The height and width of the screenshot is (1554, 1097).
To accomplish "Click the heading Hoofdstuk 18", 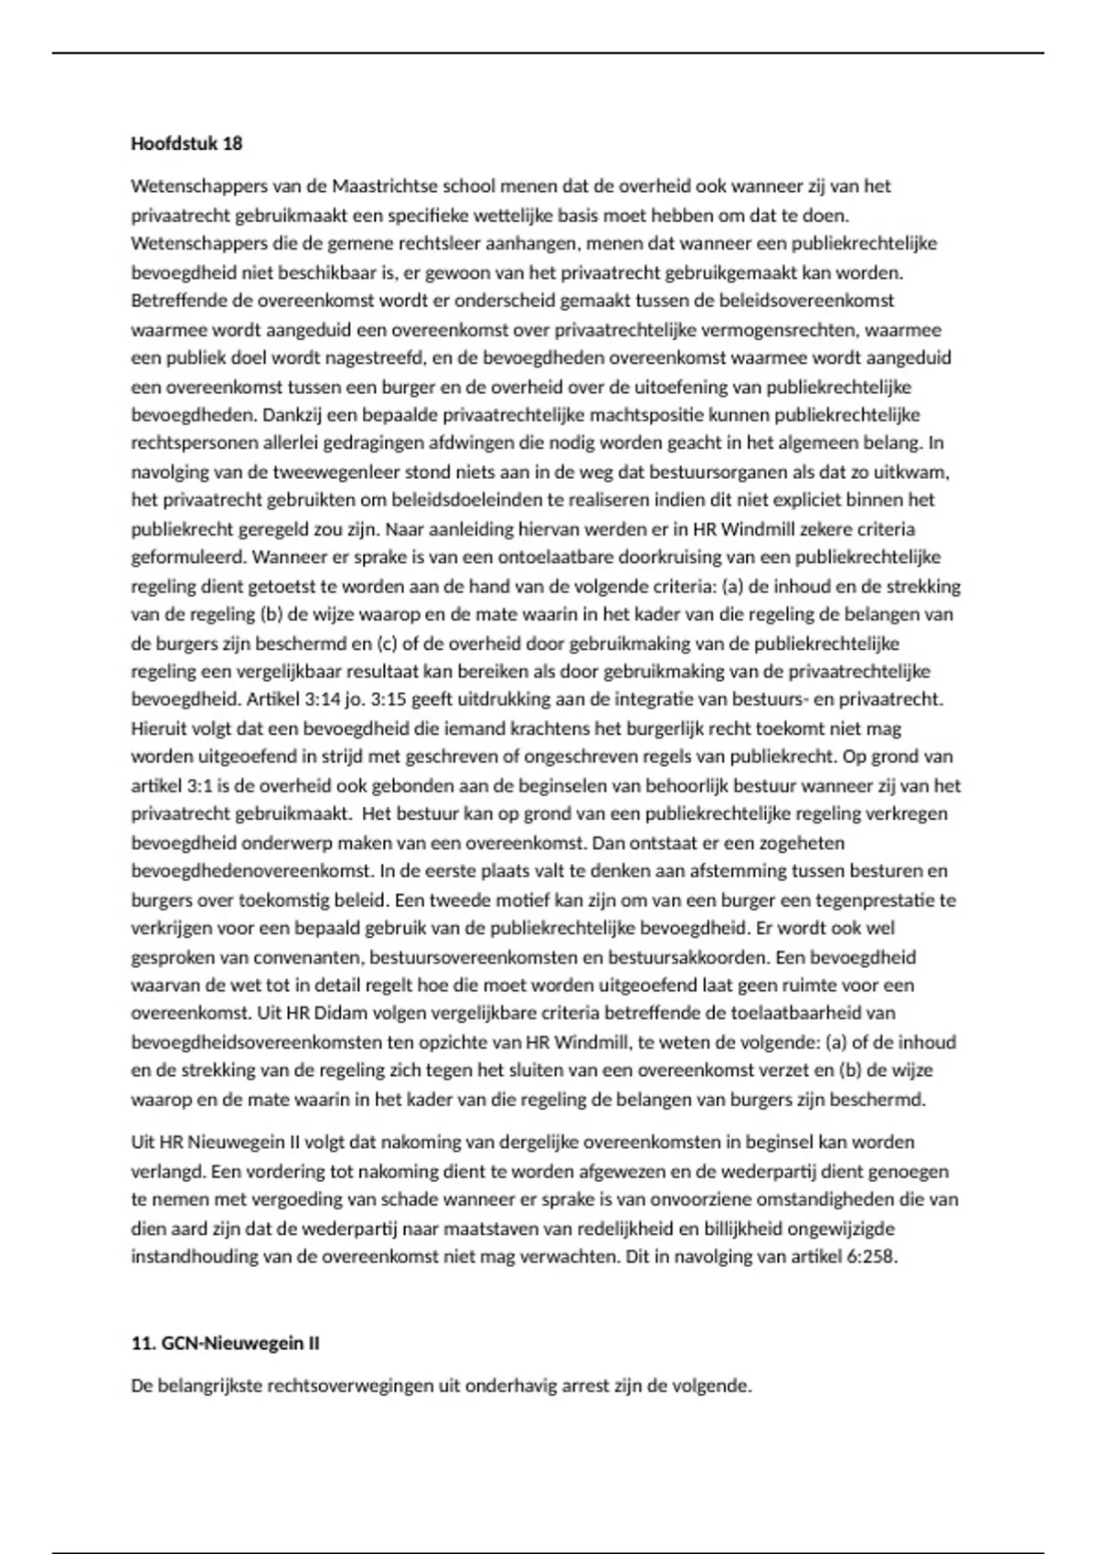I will coord(186,144).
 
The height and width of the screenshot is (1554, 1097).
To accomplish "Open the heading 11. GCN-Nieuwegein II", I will coord(225,1344).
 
